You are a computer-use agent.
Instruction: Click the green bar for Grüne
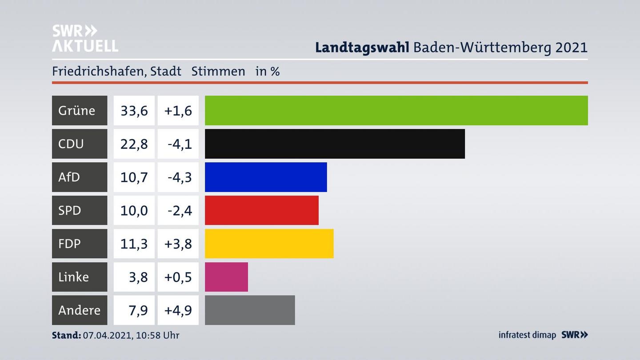(x=396, y=110)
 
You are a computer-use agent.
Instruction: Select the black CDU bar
(x=335, y=144)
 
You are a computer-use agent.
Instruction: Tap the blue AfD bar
(x=266, y=177)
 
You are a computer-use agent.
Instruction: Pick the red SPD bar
(x=261, y=210)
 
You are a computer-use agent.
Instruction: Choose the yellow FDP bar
(x=269, y=244)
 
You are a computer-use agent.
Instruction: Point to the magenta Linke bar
(x=226, y=277)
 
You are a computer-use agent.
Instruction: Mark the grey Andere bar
(x=250, y=310)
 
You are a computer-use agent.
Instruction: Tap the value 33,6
(x=134, y=110)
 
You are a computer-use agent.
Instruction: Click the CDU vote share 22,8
(x=134, y=144)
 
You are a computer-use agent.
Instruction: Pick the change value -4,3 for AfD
(x=179, y=177)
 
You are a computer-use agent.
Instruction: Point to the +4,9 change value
(x=178, y=310)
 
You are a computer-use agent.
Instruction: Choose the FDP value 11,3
(x=134, y=244)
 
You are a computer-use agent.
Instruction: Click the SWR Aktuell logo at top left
(x=85, y=38)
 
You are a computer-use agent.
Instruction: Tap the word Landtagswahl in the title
(x=362, y=48)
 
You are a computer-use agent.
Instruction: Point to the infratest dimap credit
(x=527, y=335)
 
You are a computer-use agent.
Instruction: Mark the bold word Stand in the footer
(x=66, y=335)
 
